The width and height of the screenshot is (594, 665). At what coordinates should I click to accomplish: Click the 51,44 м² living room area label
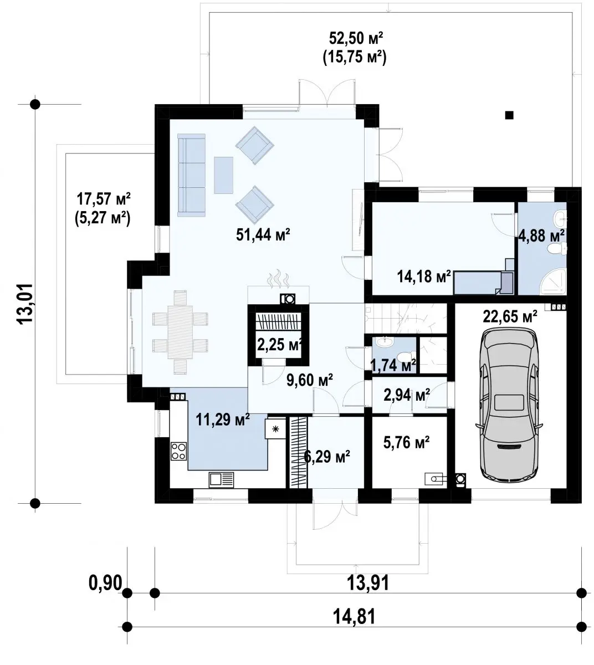[263, 234]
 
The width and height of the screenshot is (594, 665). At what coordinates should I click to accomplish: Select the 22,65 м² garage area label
[510, 316]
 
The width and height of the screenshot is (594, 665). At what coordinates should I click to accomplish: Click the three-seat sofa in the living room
[191, 175]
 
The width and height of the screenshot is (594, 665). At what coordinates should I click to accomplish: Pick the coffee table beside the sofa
[223, 175]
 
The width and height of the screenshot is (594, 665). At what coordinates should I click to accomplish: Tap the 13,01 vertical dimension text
[25, 304]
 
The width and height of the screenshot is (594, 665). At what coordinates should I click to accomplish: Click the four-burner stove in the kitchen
[178, 451]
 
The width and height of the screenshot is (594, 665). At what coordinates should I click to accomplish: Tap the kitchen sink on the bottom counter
[221, 480]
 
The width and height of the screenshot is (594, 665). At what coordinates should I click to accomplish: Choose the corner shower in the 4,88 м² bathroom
[554, 280]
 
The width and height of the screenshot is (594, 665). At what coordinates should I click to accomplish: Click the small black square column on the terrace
[509, 115]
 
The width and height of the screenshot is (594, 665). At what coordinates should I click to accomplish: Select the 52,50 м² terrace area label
[356, 38]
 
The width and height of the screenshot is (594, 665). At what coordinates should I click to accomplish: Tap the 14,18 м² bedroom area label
[424, 277]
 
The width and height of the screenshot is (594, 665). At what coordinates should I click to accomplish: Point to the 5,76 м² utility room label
[407, 442]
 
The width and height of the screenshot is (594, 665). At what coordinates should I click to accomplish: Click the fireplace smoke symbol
[278, 279]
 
